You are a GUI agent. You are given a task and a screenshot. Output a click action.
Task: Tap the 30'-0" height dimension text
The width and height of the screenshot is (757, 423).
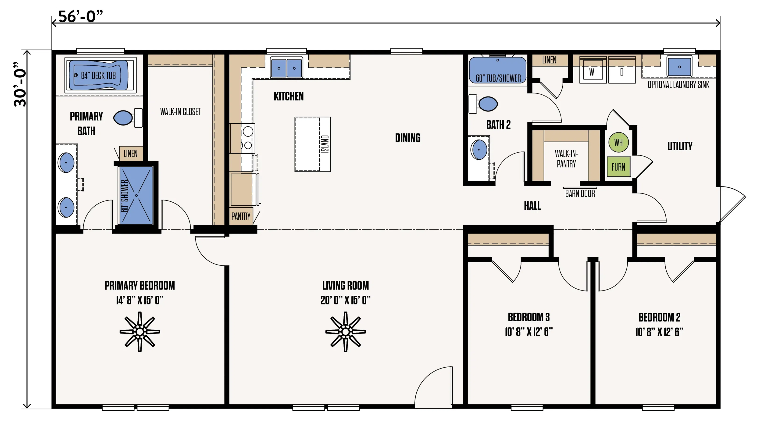point(20,84)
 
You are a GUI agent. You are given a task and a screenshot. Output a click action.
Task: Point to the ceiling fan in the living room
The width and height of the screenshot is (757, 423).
point(345,332)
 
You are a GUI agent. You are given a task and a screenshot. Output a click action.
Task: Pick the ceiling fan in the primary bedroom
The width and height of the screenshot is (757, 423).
point(139,332)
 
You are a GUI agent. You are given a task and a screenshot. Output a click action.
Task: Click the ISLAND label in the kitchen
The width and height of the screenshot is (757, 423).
point(325,144)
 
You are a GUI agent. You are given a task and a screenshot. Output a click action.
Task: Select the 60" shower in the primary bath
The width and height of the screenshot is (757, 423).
point(136,195)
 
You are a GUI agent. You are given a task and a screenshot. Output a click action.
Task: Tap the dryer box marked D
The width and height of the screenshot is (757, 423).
point(622,72)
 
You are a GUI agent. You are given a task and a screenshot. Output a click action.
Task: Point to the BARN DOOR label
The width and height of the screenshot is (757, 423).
point(580,194)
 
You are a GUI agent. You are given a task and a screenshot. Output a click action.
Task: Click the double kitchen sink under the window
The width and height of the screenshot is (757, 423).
point(286,68)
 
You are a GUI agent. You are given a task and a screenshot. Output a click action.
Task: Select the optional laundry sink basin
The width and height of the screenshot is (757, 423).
point(679,67)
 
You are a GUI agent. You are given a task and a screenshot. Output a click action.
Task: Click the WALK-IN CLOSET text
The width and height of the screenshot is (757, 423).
point(180,112)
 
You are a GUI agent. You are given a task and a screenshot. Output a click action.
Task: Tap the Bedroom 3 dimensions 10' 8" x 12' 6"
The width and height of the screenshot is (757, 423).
point(528,332)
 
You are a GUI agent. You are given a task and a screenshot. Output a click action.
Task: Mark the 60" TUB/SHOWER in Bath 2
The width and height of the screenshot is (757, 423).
point(497,71)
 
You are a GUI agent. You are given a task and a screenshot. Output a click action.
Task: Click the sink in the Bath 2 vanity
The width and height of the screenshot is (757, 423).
point(479,150)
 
